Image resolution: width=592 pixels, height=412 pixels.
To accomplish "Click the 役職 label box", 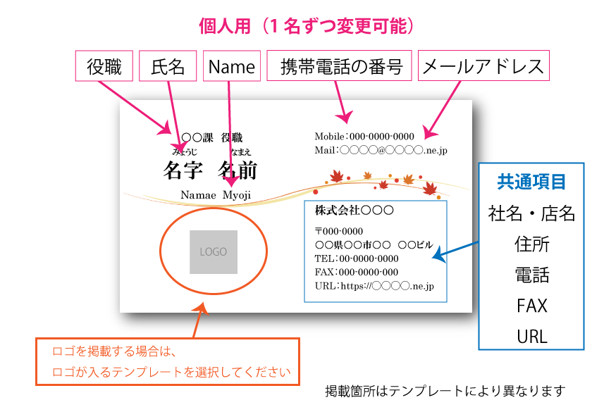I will [104, 66].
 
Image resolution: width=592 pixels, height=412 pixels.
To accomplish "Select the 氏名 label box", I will [168, 66].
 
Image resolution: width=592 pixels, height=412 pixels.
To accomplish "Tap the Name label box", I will [232, 66].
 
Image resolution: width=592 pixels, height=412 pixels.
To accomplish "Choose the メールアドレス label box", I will [483, 66].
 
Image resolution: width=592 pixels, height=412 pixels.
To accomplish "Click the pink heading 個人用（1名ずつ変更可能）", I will [306, 27].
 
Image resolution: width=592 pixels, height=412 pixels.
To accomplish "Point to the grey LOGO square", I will [213, 251].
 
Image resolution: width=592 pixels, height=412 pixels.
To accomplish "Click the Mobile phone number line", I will [364, 136].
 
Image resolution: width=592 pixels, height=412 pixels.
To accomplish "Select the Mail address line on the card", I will [381, 150].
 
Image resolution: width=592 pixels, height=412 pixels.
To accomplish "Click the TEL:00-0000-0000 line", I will [357, 258].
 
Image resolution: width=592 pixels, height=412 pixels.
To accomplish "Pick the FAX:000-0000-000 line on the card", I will [357, 272].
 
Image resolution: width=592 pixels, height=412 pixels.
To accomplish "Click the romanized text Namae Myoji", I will [215, 194].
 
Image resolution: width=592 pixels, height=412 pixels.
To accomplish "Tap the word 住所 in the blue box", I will [531, 244].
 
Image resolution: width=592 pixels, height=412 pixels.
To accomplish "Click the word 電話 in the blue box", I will [531, 275].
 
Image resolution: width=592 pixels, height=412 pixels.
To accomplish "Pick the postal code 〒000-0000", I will [339, 231].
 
